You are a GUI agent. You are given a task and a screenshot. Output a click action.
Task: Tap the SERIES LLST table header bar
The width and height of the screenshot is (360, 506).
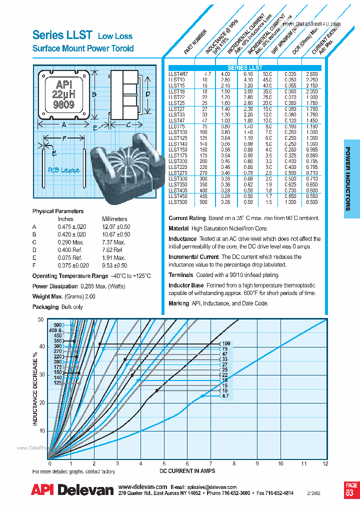(245, 67)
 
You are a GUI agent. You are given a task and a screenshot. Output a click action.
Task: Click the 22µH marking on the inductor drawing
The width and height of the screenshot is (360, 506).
(63, 95)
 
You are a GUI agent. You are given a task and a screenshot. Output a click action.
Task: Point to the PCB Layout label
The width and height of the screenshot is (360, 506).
(63, 170)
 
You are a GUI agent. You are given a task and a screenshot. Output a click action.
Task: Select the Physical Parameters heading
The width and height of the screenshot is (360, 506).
(58, 211)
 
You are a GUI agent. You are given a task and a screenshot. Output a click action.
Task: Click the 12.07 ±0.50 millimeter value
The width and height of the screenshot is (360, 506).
(116, 226)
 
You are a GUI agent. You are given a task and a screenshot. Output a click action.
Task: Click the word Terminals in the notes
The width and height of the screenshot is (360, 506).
(180, 275)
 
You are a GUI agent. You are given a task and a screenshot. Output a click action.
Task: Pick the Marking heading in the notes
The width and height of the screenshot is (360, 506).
(178, 303)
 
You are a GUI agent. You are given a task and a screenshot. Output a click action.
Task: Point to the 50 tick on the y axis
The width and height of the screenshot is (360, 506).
(41, 319)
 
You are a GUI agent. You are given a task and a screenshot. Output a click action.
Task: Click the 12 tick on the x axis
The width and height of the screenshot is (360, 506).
(326, 464)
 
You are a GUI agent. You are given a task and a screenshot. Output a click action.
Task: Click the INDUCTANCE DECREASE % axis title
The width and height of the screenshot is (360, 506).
(35, 388)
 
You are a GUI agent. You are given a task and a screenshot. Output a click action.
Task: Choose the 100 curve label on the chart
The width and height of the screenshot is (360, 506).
(226, 343)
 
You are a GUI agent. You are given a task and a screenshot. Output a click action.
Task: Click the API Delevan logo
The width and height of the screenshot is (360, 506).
(72, 490)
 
